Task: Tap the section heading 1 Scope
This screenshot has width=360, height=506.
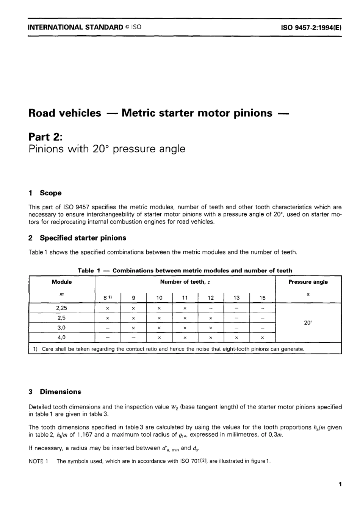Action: [x=45, y=193]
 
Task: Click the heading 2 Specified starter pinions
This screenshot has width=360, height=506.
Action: [x=77, y=238]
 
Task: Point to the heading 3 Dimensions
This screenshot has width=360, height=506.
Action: [x=55, y=391]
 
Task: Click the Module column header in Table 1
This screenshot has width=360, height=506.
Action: [x=61, y=282]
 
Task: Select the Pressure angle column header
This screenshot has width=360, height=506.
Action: [x=308, y=282]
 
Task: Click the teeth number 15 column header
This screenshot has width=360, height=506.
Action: [x=262, y=298]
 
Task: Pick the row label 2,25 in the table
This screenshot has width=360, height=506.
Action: [x=61, y=308]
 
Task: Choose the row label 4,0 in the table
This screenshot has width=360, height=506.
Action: [x=61, y=337]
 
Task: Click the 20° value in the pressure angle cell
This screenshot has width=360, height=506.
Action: [x=308, y=323]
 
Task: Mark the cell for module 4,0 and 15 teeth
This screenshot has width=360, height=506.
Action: [x=262, y=337]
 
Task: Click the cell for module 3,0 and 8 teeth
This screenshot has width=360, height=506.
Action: [x=108, y=328]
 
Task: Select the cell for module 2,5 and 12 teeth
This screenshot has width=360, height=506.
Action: [x=211, y=318]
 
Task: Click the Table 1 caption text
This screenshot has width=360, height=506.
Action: [x=185, y=270]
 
